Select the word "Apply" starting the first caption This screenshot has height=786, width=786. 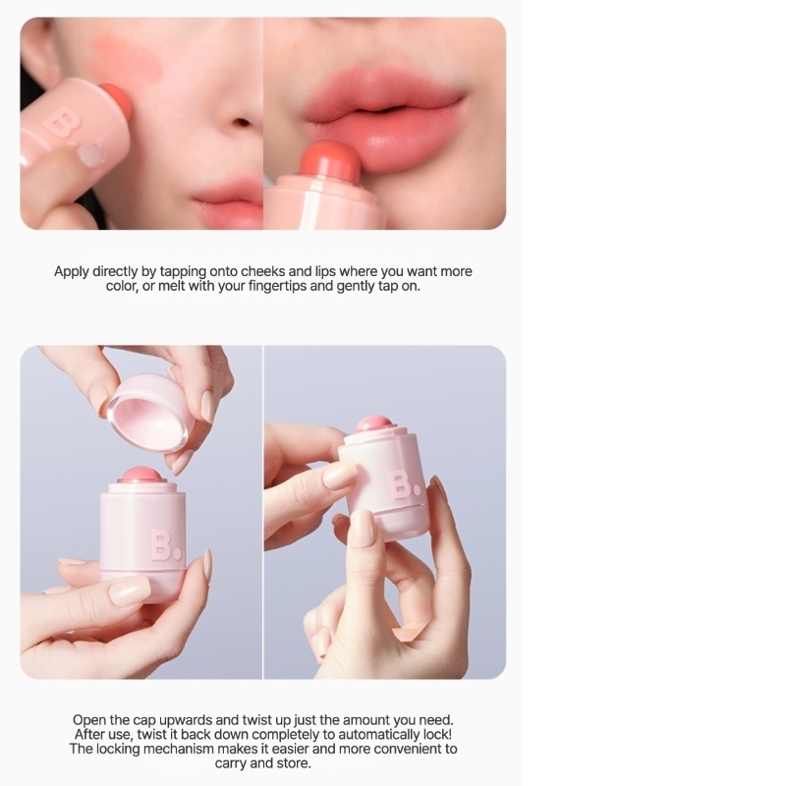click(71, 272)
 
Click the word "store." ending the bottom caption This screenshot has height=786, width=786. click(293, 763)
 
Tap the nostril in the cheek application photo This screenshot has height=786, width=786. click(243, 122)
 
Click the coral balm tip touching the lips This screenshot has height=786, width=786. click(330, 160)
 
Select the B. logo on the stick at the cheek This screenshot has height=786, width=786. click(62, 125)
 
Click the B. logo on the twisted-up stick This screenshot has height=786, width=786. click(406, 485)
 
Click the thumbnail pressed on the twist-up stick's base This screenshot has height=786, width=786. click(362, 528)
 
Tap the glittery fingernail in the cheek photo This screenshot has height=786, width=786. click(91, 154)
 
